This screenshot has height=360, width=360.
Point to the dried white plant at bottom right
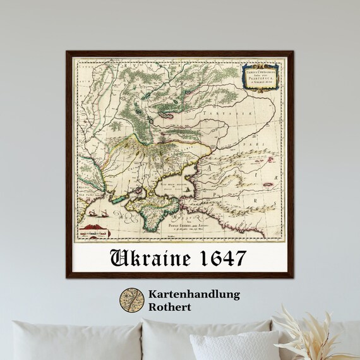316,332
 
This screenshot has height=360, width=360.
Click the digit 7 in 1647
242,259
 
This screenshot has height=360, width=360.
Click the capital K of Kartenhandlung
153,295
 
